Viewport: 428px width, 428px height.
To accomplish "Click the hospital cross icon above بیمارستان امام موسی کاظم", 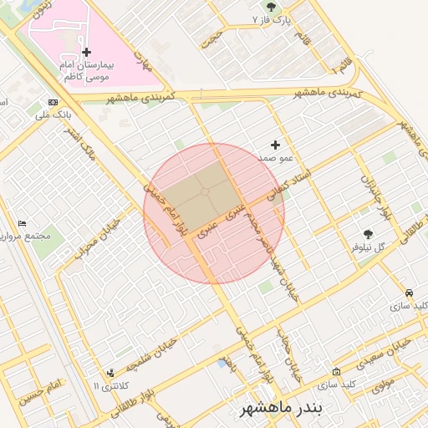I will tap(86, 52).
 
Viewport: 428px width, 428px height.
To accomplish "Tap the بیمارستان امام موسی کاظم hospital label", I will tap(89, 70).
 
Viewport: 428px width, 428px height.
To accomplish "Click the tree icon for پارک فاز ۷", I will tap(270, 7).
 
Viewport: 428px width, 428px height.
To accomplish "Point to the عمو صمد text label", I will tap(275, 157).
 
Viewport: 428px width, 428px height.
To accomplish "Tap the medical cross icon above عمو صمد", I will tap(275, 145).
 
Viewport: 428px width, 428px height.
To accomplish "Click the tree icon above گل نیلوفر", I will tap(368, 235).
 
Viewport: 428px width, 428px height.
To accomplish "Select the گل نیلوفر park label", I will tap(368, 247).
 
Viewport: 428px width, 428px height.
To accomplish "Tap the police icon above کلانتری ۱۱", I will tap(110, 374).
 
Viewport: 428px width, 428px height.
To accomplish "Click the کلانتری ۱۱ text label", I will tap(108, 386).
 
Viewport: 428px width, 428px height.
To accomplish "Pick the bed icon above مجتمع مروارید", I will tap(23, 224).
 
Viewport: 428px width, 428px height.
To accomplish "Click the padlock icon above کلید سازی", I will tap(336, 372).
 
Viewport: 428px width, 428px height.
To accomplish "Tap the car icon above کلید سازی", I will tap(409, 293).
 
